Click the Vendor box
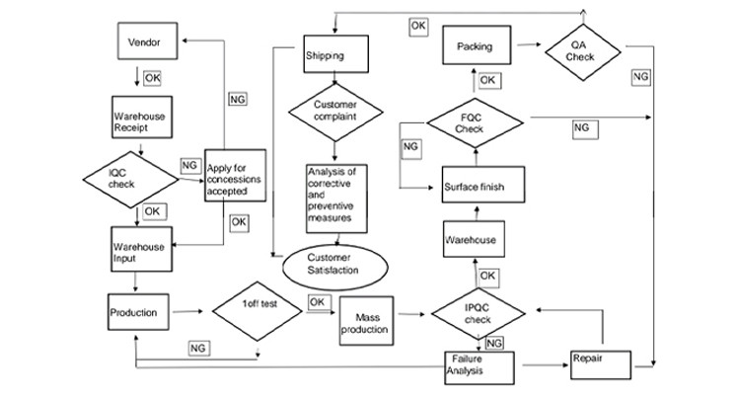[144, 43]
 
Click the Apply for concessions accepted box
[235, 176]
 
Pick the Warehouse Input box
[140, 252]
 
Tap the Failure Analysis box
[479, 368]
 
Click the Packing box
[476, 46]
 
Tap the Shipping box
[334, 55]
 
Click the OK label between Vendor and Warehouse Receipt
[152, 76]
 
